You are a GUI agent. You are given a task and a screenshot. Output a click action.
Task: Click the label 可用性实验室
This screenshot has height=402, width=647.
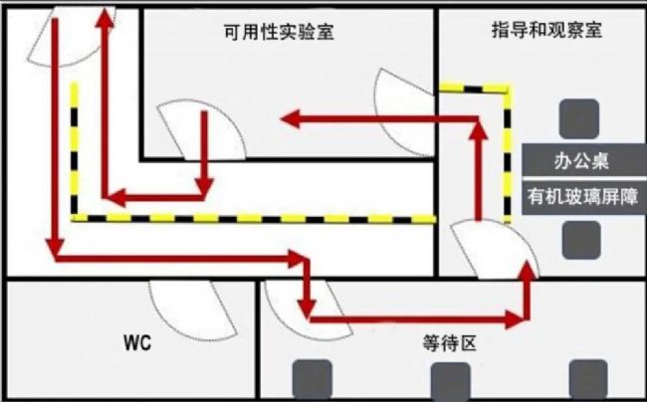coord(278,32)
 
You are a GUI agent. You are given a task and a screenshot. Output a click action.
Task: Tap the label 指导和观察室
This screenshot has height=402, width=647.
coord(546,30)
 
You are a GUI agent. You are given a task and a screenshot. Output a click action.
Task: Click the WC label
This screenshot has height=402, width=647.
coord(136,344)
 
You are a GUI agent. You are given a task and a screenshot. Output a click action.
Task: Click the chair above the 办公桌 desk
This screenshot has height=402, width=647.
coord(578,118)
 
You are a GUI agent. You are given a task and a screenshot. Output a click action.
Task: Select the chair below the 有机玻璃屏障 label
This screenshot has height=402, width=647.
coord(581,240)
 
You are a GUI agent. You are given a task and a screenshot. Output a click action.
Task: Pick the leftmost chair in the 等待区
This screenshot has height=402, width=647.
coord(311,379)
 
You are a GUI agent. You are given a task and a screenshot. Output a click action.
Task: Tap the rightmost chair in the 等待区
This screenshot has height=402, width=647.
coord(587,379)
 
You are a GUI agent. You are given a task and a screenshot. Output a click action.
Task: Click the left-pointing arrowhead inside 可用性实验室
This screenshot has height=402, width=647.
coord(290,119)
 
